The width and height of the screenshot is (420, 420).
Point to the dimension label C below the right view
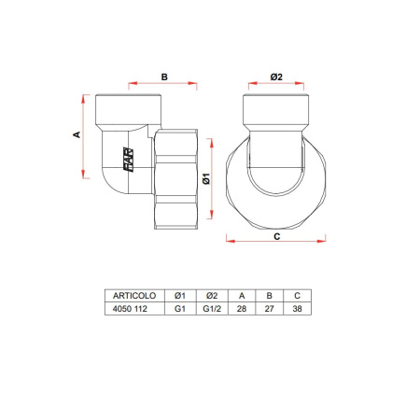(x=276, y=238)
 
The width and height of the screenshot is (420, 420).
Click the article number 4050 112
(x=131, y=307)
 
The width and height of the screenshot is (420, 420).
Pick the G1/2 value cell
(x=212, y=307)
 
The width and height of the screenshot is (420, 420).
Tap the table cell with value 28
(x=242, y=307)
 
